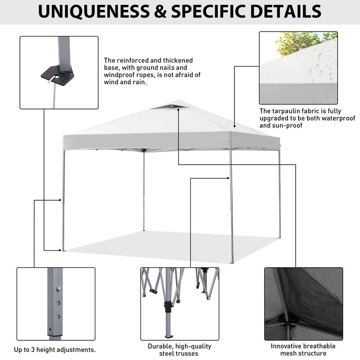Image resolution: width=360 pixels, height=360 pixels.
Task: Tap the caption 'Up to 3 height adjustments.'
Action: (54, 350)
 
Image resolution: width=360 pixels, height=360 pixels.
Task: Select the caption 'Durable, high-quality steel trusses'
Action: (179, 350)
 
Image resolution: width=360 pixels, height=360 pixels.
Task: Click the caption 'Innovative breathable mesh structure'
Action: (303, 350)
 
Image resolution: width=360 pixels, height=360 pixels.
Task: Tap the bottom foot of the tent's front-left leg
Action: (63, 250)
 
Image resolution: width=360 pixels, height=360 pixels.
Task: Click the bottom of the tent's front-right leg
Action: (232, 262)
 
